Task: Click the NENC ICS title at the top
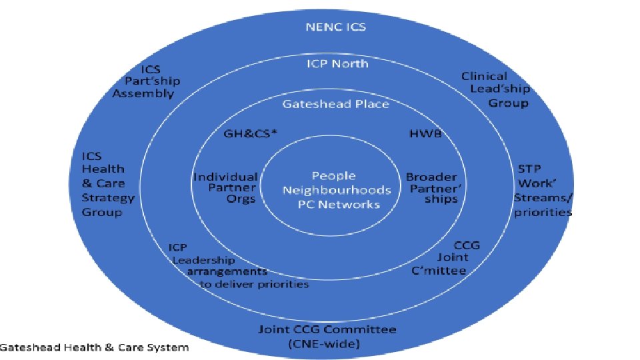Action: coord(335,27)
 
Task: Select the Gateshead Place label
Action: coord(335,104)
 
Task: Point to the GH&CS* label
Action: coord(251,133)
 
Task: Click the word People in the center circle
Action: coord(333,176)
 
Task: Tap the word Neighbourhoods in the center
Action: coord(336,190)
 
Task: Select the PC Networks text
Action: coord(339,203)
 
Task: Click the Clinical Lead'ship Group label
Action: coord(495,89)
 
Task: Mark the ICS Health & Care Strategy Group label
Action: coord(107,183)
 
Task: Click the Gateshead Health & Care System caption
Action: coord(95,347)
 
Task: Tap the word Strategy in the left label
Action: coord(108,198)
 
